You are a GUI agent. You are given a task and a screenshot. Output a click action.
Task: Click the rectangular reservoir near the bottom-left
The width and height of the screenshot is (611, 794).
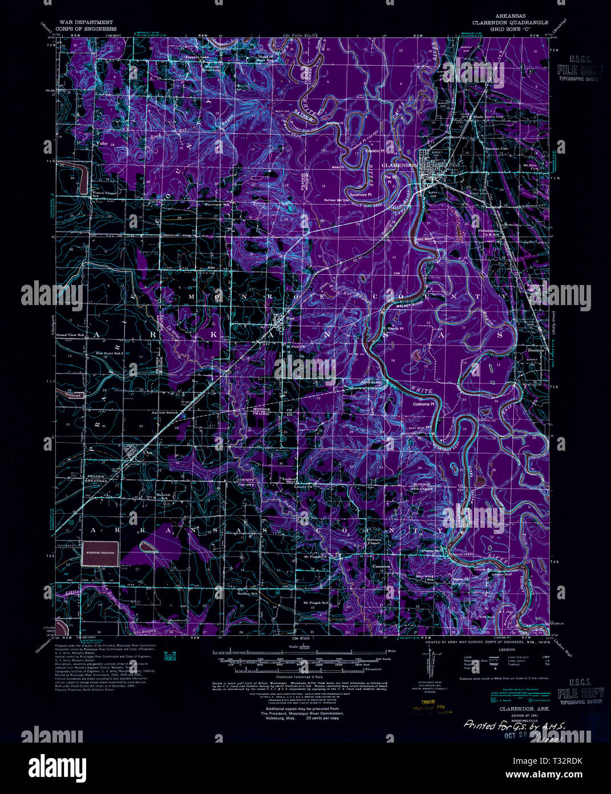(x=100, y=553)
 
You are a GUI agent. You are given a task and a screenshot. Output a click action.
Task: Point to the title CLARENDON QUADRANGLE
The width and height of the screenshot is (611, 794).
(x=510, y=22)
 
